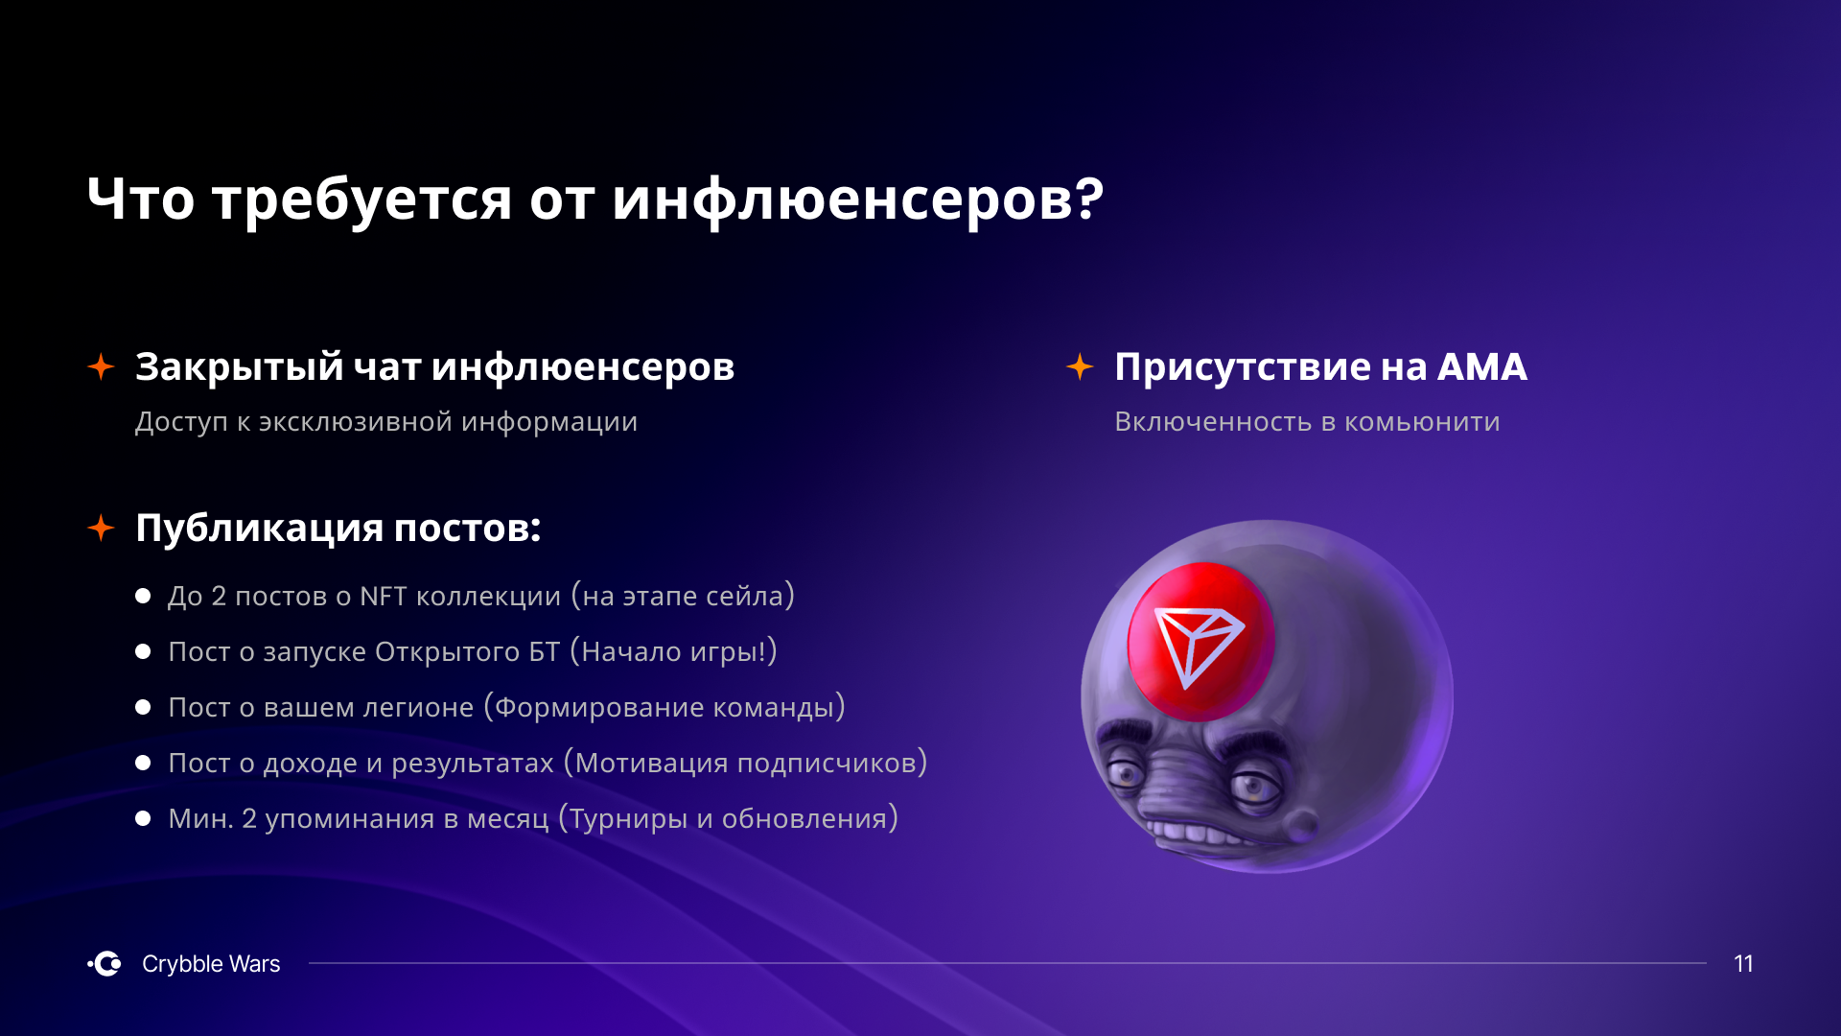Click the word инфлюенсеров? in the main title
click(x=858, y=200)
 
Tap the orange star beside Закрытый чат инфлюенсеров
click(x=101, y=366)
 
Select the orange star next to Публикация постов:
click(x=101, y=528)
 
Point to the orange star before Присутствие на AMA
click(x=1080, y=366)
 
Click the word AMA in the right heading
click(x=1481, y=367)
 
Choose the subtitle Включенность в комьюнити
click(x=1307, y=422)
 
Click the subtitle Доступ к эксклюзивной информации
click(x=386, y=422)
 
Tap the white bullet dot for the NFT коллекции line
click(x=143, y=596)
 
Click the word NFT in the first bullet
click(x=384, y=597)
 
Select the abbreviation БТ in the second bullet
click(x=544, y=652)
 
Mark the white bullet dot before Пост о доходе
click(x=143, y=763)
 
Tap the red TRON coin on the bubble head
click(x=1200, y=641)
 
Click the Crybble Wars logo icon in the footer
click(x=105, y=963)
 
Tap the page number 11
click(x=1743, y=964)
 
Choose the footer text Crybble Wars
click(x=211, y=964)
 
